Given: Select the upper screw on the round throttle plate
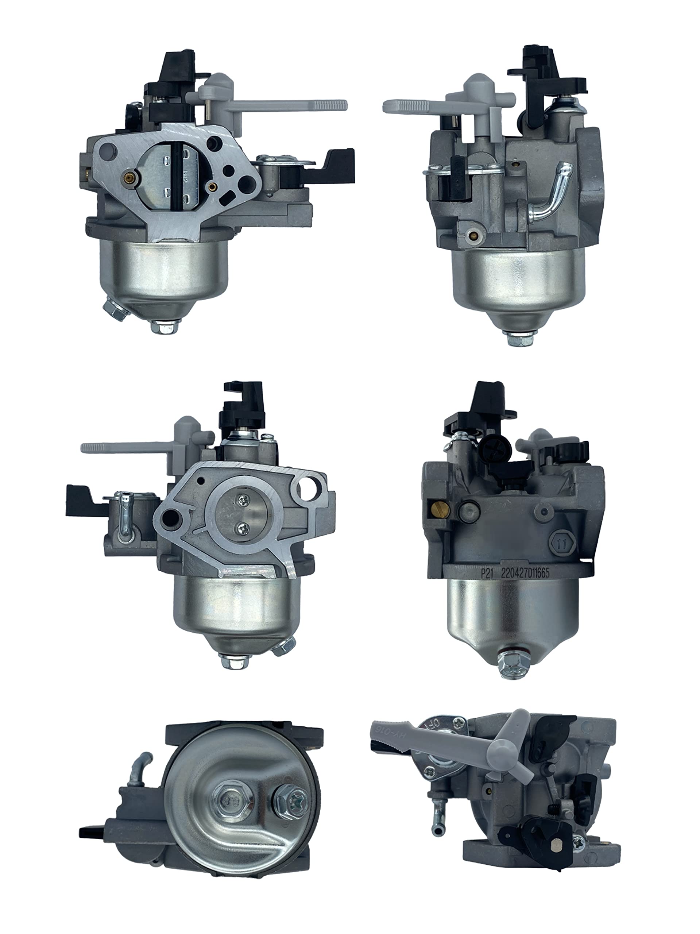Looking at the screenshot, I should [x=244, y=501].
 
